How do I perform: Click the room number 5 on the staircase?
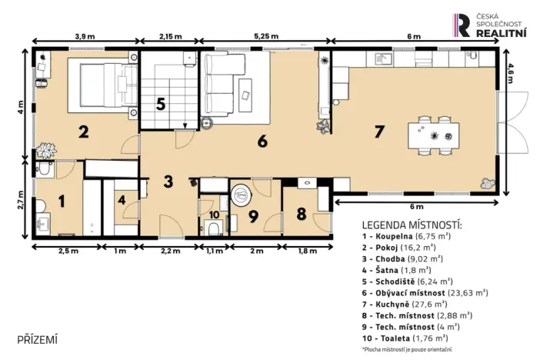coord(161,104)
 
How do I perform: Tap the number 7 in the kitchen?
coord(378,132)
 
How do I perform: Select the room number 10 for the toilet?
coord(214,215)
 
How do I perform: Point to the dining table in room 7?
coord(434,135)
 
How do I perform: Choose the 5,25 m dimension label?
coord(266,36)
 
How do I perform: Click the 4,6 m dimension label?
coord(510,73)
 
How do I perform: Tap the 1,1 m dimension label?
coord(215,251)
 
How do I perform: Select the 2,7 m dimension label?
coord(22,200)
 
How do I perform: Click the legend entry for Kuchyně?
coord(405,304)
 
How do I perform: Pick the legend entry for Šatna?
coord(397,271)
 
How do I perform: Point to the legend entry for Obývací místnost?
coord(425,293)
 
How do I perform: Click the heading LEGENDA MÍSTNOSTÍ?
coord(412,225)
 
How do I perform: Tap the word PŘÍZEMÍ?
coord(37,340)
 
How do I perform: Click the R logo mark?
coord(462,25)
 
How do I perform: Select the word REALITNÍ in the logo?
coord(501,33)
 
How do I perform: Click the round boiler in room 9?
coord(242,195)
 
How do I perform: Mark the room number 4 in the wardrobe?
coord(122,200)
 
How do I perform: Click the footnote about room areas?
coord(407,349)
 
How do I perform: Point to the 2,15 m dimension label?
coord(171,36)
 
